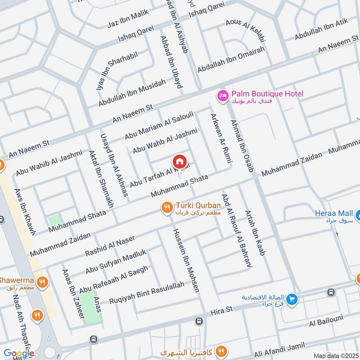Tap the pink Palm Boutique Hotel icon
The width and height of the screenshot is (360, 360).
click(222, 95)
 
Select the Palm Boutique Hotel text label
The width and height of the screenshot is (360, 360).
click(267, 94)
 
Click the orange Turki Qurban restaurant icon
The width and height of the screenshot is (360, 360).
click(167, 207)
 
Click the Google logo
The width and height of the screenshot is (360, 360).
click(19, 353)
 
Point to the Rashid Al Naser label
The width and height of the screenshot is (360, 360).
click(110, 247)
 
